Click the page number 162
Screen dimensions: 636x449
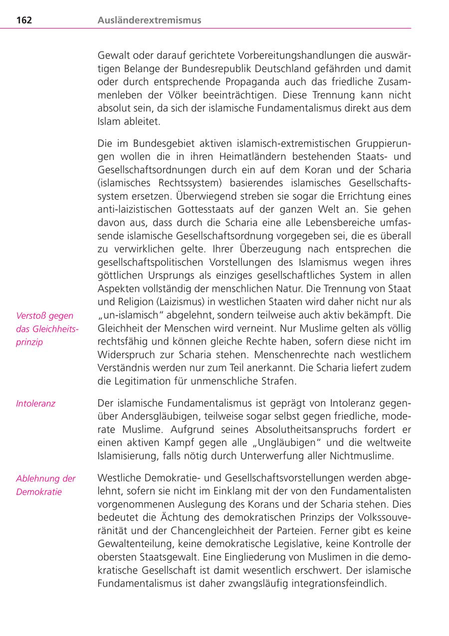tap(24, 20)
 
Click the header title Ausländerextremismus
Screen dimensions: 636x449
tap(150, 20)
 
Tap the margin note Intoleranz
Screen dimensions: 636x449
tap(35, 403)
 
